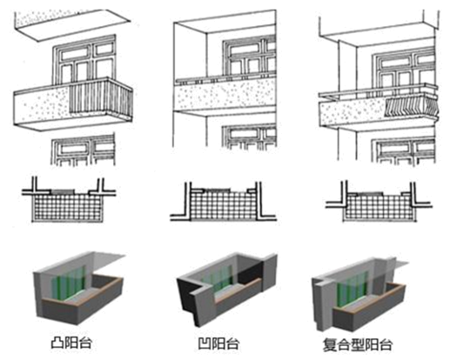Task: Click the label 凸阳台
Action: pyautogui.click(x=71, y=343)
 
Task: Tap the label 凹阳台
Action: pyautogui.click(x=218, y=343)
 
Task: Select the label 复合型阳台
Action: pyautogui.click(x=358, y=344)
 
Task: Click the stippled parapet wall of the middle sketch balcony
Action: pyautogui.click(x=225, y=95)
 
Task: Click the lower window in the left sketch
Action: pyautogui.click(x=83, y=150)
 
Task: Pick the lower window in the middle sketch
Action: pyautogui.click(x=249, y=137)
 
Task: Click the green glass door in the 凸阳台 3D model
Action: pyautogui.click(x=69, y=283)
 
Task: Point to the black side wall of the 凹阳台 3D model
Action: pyautogui.click(x=188, y=299)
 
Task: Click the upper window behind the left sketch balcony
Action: pyautogui.click(x=84, y=61)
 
